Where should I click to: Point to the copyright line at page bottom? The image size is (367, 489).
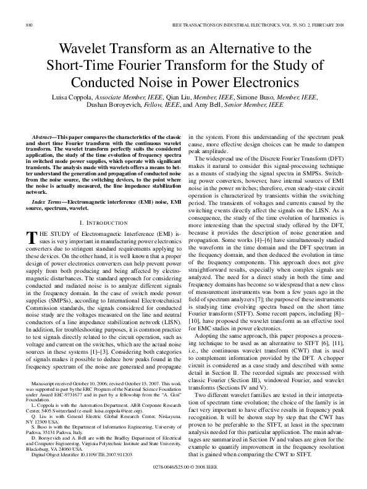tap(183, 476)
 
